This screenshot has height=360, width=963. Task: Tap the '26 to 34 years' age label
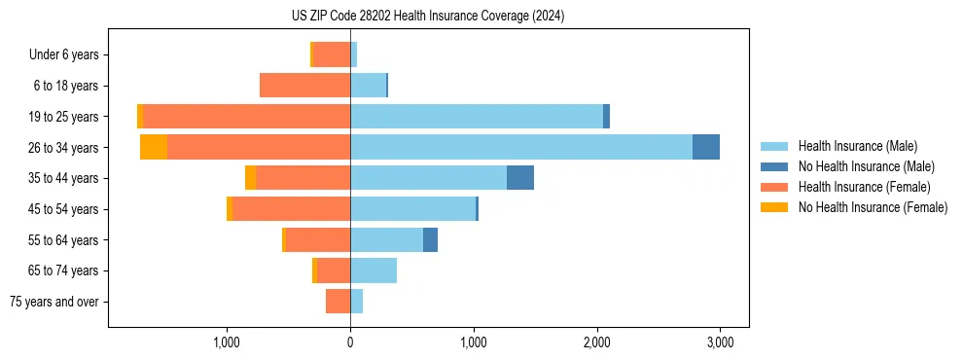64,147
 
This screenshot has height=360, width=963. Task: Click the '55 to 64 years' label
64,239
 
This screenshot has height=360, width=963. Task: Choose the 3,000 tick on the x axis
720,342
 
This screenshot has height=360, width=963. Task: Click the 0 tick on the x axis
350,342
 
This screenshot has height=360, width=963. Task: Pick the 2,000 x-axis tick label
596,342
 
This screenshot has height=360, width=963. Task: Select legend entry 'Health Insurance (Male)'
857,146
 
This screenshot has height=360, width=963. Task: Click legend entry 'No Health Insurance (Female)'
873,207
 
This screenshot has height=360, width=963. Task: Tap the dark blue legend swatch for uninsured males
774,166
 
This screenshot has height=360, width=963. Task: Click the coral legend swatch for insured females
774,187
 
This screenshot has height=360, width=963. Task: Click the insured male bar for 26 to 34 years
521,147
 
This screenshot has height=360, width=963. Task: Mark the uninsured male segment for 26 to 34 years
706,147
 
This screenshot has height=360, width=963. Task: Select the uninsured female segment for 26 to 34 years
154,147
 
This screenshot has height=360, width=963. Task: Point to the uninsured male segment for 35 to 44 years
520,178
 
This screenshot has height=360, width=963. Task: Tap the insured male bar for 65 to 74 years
374,270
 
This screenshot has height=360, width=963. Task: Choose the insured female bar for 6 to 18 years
305,86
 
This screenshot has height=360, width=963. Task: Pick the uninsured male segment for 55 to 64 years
430,239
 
